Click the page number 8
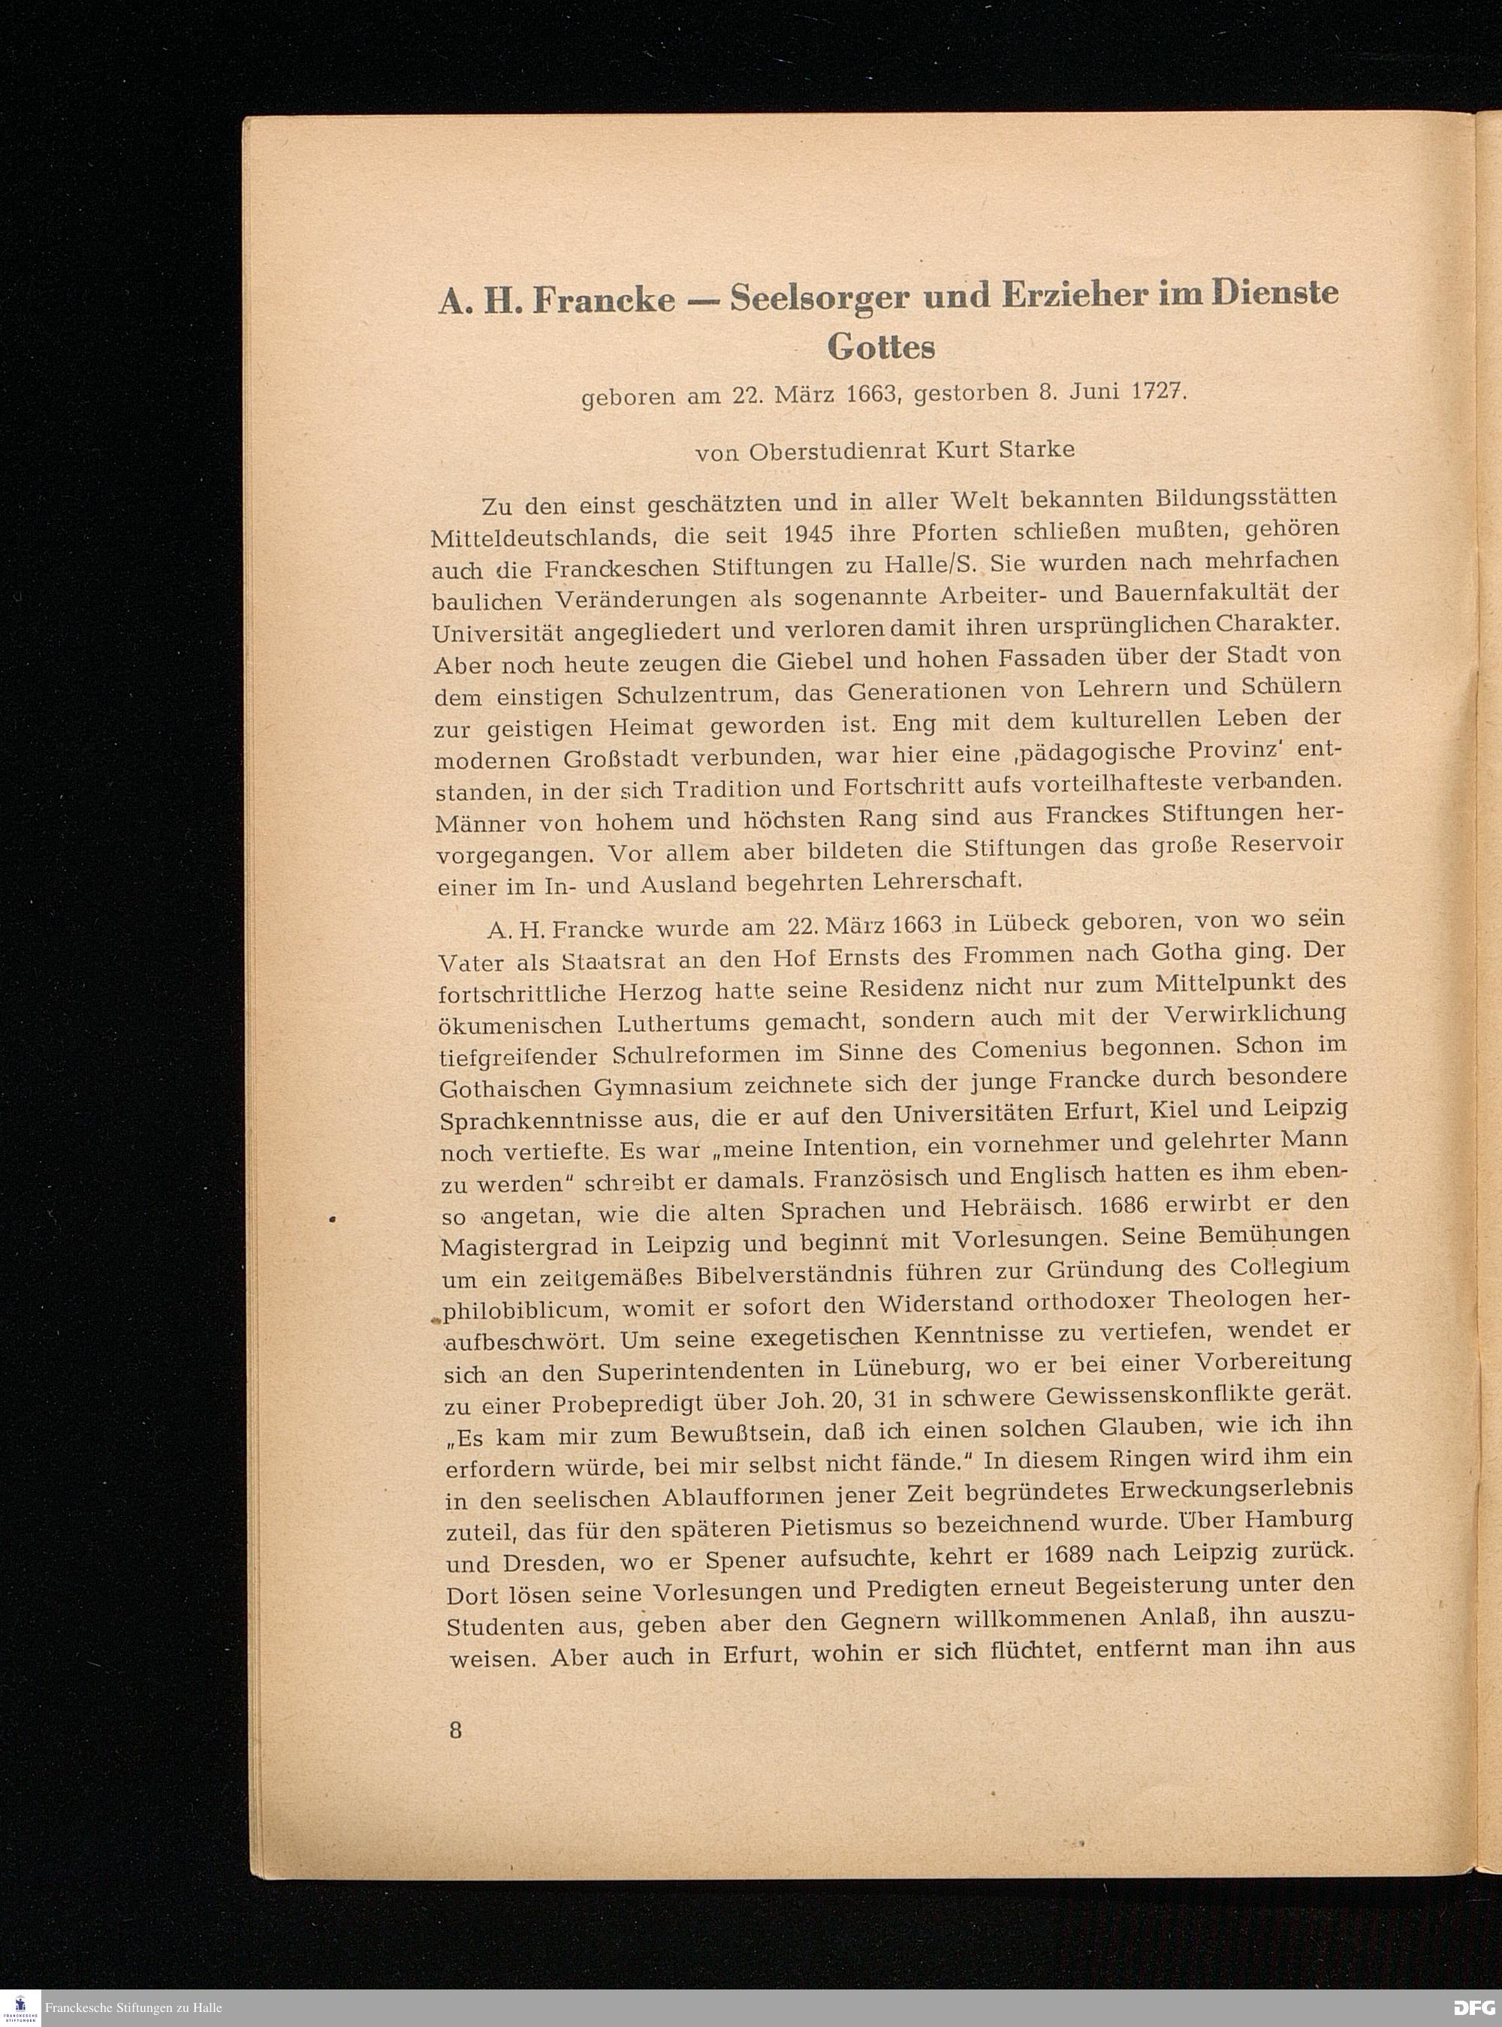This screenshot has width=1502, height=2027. click(x=456, y=1729)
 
